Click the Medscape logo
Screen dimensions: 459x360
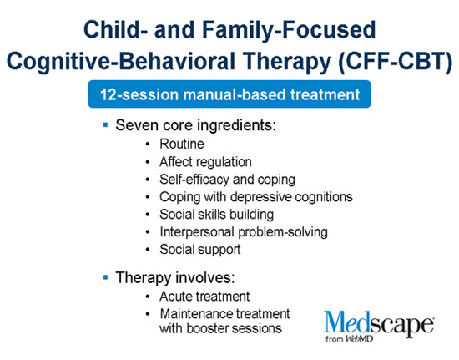point(379,326)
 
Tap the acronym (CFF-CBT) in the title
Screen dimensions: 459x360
point(396,62)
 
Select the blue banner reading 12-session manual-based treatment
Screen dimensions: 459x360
point(229,94)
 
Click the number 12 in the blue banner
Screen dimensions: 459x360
point(109,94)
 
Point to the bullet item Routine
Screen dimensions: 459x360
point(182,144)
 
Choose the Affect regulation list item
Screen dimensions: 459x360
point(205,162)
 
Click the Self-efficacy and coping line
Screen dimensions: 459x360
point(227,180)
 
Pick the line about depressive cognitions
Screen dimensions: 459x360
point(256,197)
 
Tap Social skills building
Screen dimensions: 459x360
point(217,214)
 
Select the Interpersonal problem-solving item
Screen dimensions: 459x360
point(244,232)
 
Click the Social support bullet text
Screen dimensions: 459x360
point(200,250)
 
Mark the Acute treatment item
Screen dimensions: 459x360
point(204,297)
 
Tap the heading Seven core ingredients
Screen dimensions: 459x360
point(195,125)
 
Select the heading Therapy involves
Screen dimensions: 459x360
point(175,277)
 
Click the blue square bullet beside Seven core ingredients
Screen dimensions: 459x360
point(105,125)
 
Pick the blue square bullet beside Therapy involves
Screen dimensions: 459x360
point(105,277)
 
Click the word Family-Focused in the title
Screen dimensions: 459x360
point(289,30)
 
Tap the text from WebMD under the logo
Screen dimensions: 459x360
point(349,339)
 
